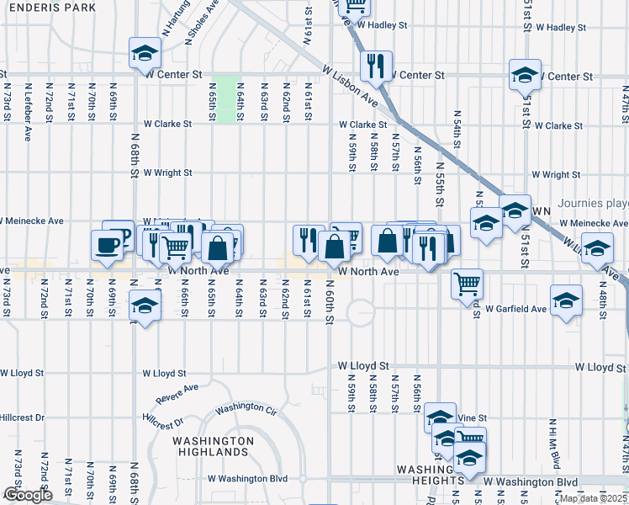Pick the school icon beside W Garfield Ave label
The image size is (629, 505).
click(x=566, y=299)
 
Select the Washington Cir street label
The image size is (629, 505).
click(x=246, y=408)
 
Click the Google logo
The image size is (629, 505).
click(x=27, y=495)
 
